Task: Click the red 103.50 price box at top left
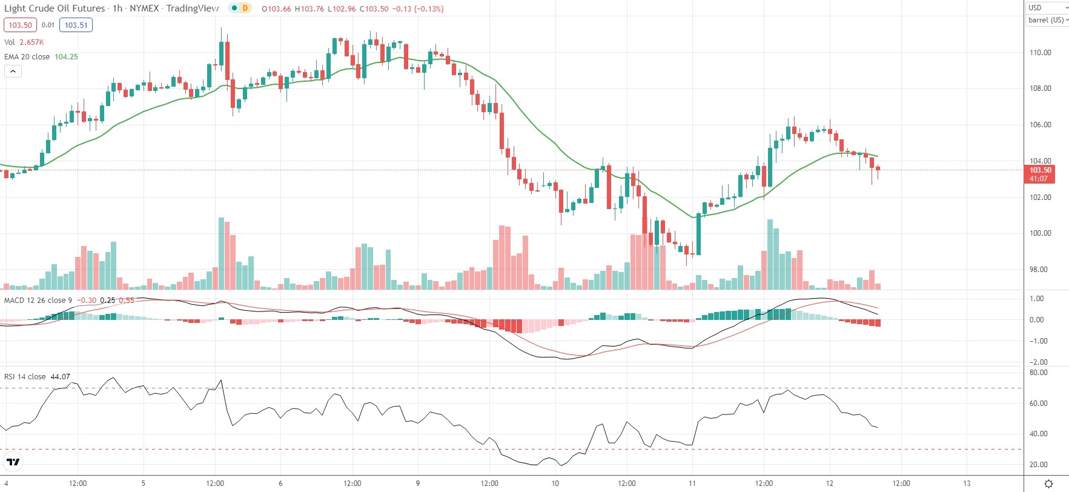click(20, 25)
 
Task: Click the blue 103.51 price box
click(76, 25)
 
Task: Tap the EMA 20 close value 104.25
click(66, 57)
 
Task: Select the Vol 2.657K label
click(24, 42)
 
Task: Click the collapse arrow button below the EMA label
click(13, 71)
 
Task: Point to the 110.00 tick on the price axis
click(1040, 53)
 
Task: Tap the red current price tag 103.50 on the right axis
click(1040, 174)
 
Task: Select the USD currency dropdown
click(1047, 8)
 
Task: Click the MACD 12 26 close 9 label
click(38, 301)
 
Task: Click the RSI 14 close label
click(25, 377)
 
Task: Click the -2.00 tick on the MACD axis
click(1038, 362)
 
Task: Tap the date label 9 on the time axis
click(418, 484)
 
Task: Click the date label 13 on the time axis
click(967, 484)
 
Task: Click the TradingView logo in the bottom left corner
click(13, 462)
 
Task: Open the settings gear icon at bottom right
click(1049, 484)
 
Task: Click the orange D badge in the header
click(245, 8)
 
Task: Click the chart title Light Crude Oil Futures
click(55, 8)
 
